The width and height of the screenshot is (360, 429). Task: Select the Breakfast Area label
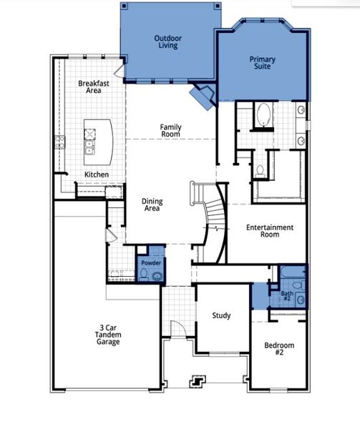[x=93, y=87]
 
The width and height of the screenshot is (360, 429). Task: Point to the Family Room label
[x=170, y=131]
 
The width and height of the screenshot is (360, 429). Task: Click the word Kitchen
[x=97, y=174]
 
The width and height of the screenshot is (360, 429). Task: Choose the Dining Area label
[x=151, y=205]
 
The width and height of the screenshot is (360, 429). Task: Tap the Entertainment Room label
[x=269, y=231]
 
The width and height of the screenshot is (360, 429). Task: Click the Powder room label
[x=150, y=263]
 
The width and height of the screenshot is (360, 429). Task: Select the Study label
[x=221, y=315]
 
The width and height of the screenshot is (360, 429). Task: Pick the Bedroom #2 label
[x=279, y=350]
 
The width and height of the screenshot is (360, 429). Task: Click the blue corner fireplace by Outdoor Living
[x=202, y=96]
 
